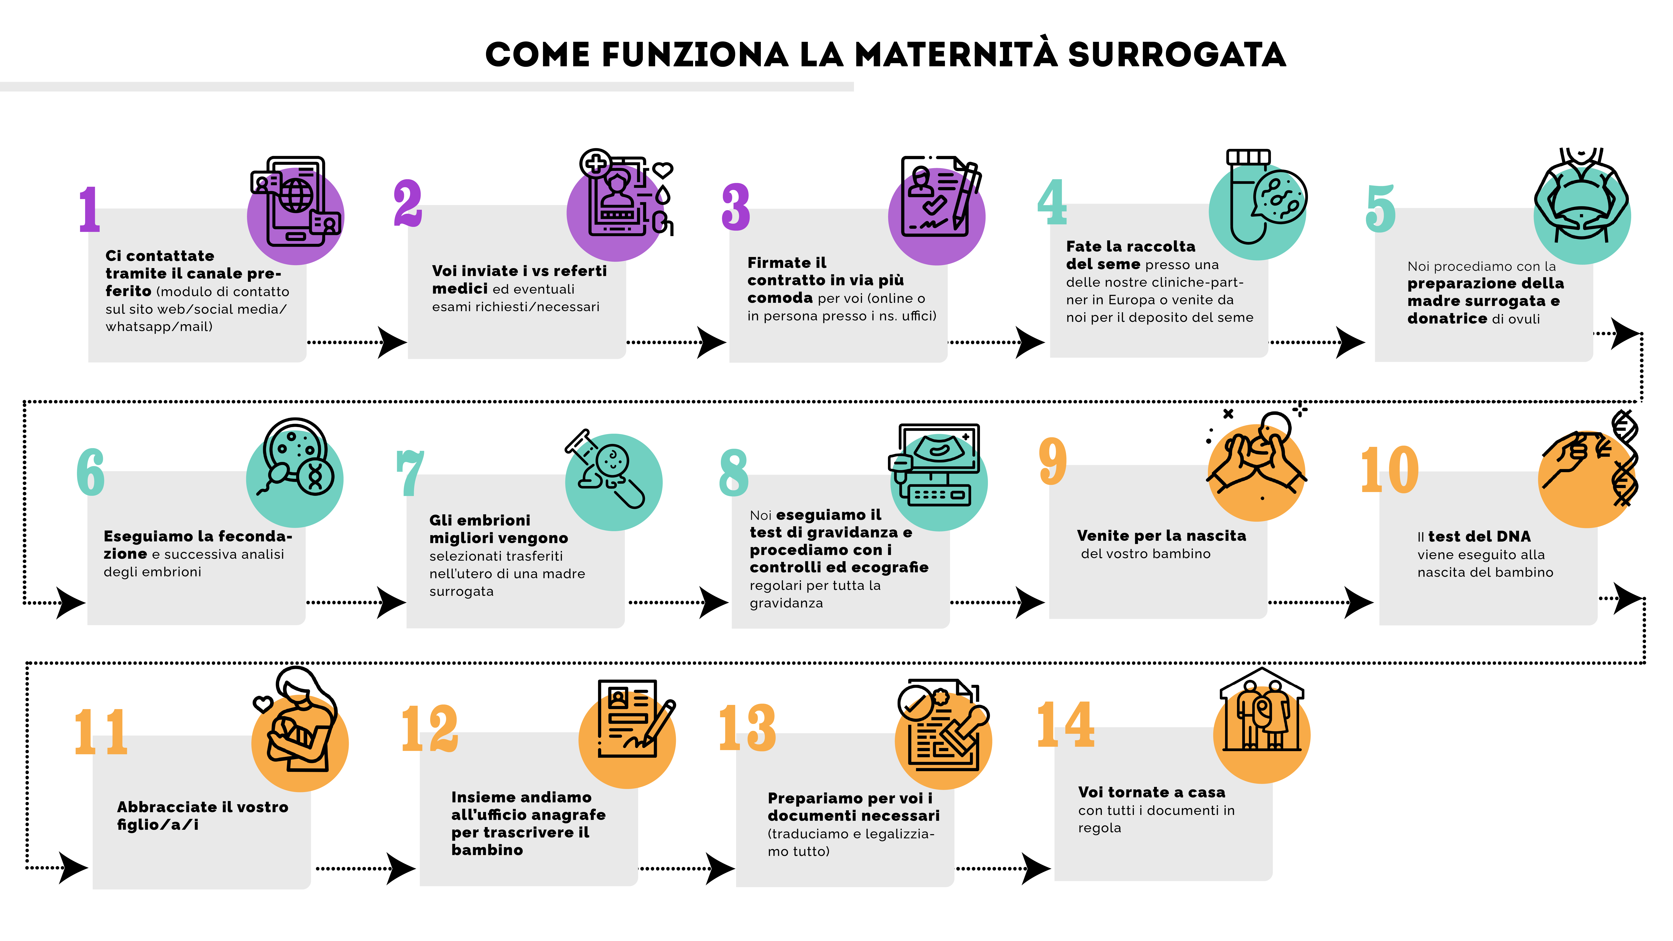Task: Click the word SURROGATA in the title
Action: [1176, 55]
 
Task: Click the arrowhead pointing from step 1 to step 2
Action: [392, 342]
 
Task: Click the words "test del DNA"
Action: [1479, 536]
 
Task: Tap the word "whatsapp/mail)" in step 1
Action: [159, 327]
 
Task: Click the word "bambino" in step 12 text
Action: [487, 850]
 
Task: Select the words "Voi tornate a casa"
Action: [1151, 792]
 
